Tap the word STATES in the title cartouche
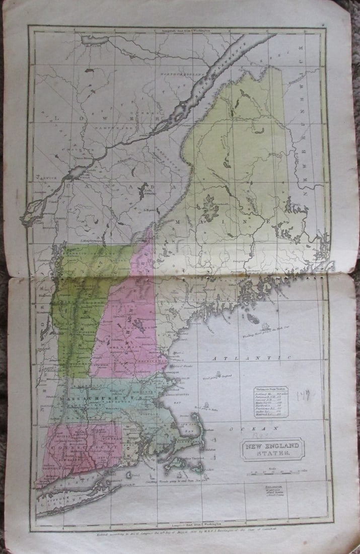click(x=273, y=453)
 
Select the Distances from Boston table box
click(x=273, y=400)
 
